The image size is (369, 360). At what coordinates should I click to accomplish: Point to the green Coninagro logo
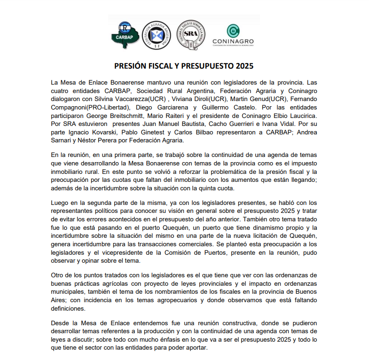point(232,34)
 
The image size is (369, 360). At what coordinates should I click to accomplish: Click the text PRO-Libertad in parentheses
point(106,107)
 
